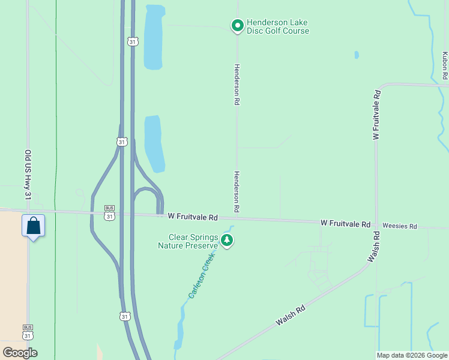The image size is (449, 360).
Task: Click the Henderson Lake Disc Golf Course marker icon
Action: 237,25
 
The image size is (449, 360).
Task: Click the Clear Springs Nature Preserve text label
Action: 187,241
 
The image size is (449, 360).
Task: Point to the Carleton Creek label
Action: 201,275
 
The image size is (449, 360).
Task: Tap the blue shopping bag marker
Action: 34,226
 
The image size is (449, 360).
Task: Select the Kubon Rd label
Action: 445,66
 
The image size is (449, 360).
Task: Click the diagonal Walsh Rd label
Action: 291,315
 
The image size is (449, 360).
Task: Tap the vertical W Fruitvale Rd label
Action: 376,115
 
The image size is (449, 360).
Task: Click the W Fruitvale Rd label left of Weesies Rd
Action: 345,223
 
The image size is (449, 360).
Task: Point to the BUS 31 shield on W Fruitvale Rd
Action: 109,212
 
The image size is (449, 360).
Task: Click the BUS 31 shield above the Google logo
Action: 28,332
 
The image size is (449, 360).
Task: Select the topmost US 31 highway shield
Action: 132,41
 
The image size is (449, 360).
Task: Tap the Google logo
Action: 20,352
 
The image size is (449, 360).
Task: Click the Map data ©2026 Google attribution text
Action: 412,355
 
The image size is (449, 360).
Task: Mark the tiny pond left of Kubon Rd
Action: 357,55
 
